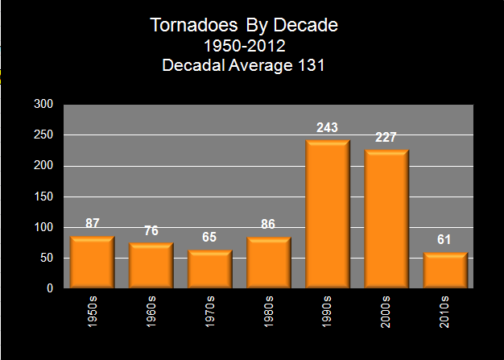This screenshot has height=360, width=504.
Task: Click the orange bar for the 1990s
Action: [327, 214]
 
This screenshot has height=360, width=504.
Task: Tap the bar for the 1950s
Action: [92, 262]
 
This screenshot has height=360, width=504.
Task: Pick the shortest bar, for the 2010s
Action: [444, 270]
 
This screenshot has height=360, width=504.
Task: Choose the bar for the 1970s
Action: [209, 269]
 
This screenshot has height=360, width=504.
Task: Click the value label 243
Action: [327, 127]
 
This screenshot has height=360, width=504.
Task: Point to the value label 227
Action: [386, 137]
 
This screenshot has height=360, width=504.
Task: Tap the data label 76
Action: [151, 231]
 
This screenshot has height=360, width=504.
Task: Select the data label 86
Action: [268, 224]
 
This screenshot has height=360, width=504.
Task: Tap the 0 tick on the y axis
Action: [49, 288]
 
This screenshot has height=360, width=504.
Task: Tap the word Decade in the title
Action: [302, 26]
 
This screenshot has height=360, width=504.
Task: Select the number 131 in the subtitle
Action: [310, 66]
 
